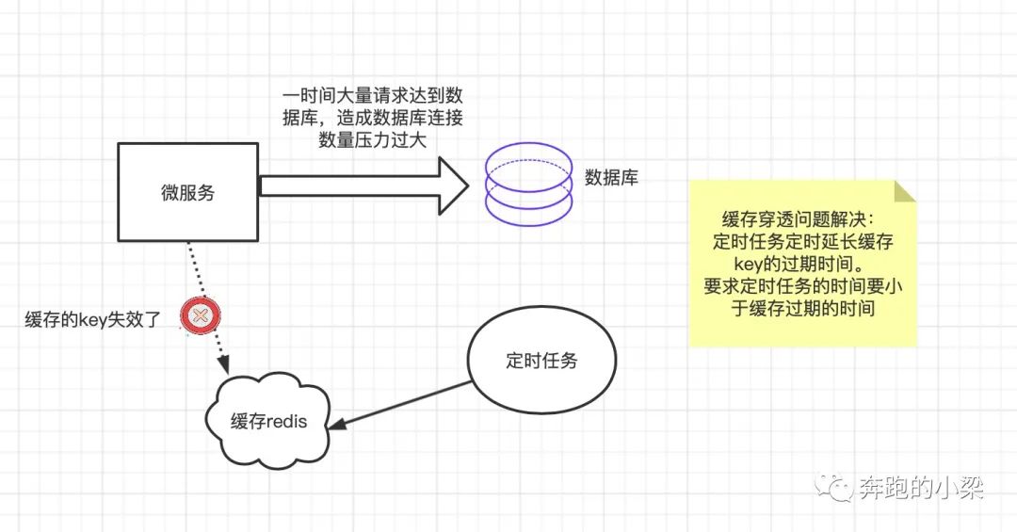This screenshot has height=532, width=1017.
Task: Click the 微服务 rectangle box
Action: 187,191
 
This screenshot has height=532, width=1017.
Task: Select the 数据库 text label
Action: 611,176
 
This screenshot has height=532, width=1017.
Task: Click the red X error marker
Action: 200,316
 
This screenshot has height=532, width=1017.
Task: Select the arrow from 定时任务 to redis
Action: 405,404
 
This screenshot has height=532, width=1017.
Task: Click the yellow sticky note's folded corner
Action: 904,190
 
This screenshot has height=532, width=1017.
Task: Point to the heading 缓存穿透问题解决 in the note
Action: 803,219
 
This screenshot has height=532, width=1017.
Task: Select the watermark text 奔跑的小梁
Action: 921,488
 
